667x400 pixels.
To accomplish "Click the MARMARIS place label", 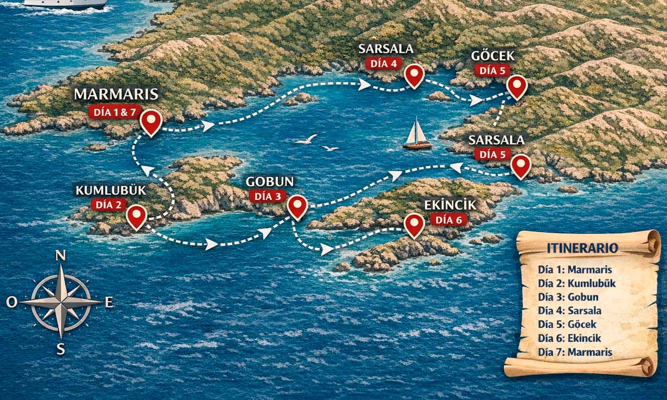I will [x=116, y=94].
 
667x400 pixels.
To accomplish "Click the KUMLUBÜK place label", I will [x=111, y=190].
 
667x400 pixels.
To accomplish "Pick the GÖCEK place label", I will [x=493, y=56].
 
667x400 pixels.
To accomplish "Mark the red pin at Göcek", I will [x=517, y=86].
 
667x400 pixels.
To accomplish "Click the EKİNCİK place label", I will [x=450, y=205].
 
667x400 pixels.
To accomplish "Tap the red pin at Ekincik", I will [x=414, y=225].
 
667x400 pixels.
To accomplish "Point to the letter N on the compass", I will [x=61, y=255].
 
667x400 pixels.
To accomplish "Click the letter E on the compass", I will [x=109, y=303].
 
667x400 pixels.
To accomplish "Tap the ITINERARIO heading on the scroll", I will [x=582, y=248].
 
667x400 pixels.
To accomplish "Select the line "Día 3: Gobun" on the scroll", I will [x=568, y=297].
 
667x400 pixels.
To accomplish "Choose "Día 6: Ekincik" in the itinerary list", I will [x=569, y=338].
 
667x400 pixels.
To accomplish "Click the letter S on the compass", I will [x=61, y=349].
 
